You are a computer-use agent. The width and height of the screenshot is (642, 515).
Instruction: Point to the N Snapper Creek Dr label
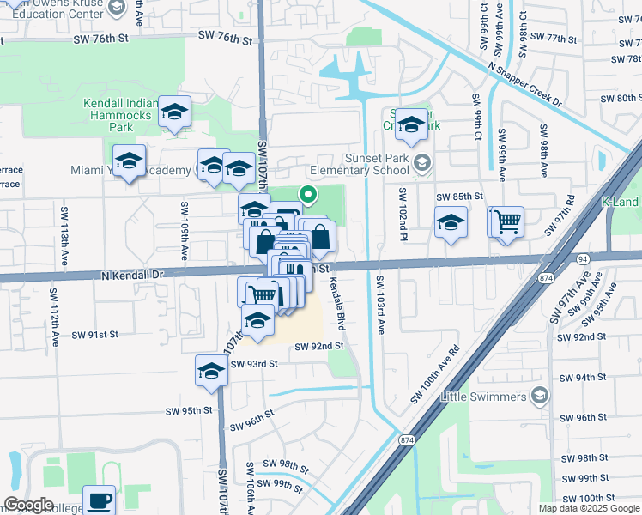click(x=524, y=84)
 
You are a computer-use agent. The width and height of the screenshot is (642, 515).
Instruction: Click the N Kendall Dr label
click(x=132, y=276)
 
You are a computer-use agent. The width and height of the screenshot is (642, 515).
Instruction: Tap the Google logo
click(x=28, y=505)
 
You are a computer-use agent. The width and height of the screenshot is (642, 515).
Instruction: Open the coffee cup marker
click(x=99, y=499)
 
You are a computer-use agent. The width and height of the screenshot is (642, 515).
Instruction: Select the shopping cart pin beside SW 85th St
click(x=507, y=221)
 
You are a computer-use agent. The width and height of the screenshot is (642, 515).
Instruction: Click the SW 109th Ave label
click(x=184, y=231)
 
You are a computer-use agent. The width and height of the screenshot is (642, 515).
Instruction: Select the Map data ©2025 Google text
click(x=589, y=508)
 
